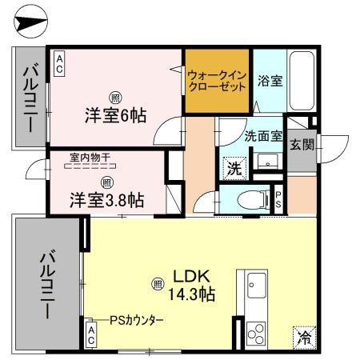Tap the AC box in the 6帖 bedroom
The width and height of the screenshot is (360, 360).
[x=59, y=62]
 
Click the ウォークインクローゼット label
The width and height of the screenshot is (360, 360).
[x=217, y=82]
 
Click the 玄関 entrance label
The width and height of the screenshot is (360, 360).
[x=302, y=145]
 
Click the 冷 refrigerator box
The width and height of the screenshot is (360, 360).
[x=304, y=336]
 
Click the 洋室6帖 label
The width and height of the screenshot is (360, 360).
[x=115, y=114]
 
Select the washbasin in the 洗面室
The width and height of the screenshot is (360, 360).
[x=264, y=164]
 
